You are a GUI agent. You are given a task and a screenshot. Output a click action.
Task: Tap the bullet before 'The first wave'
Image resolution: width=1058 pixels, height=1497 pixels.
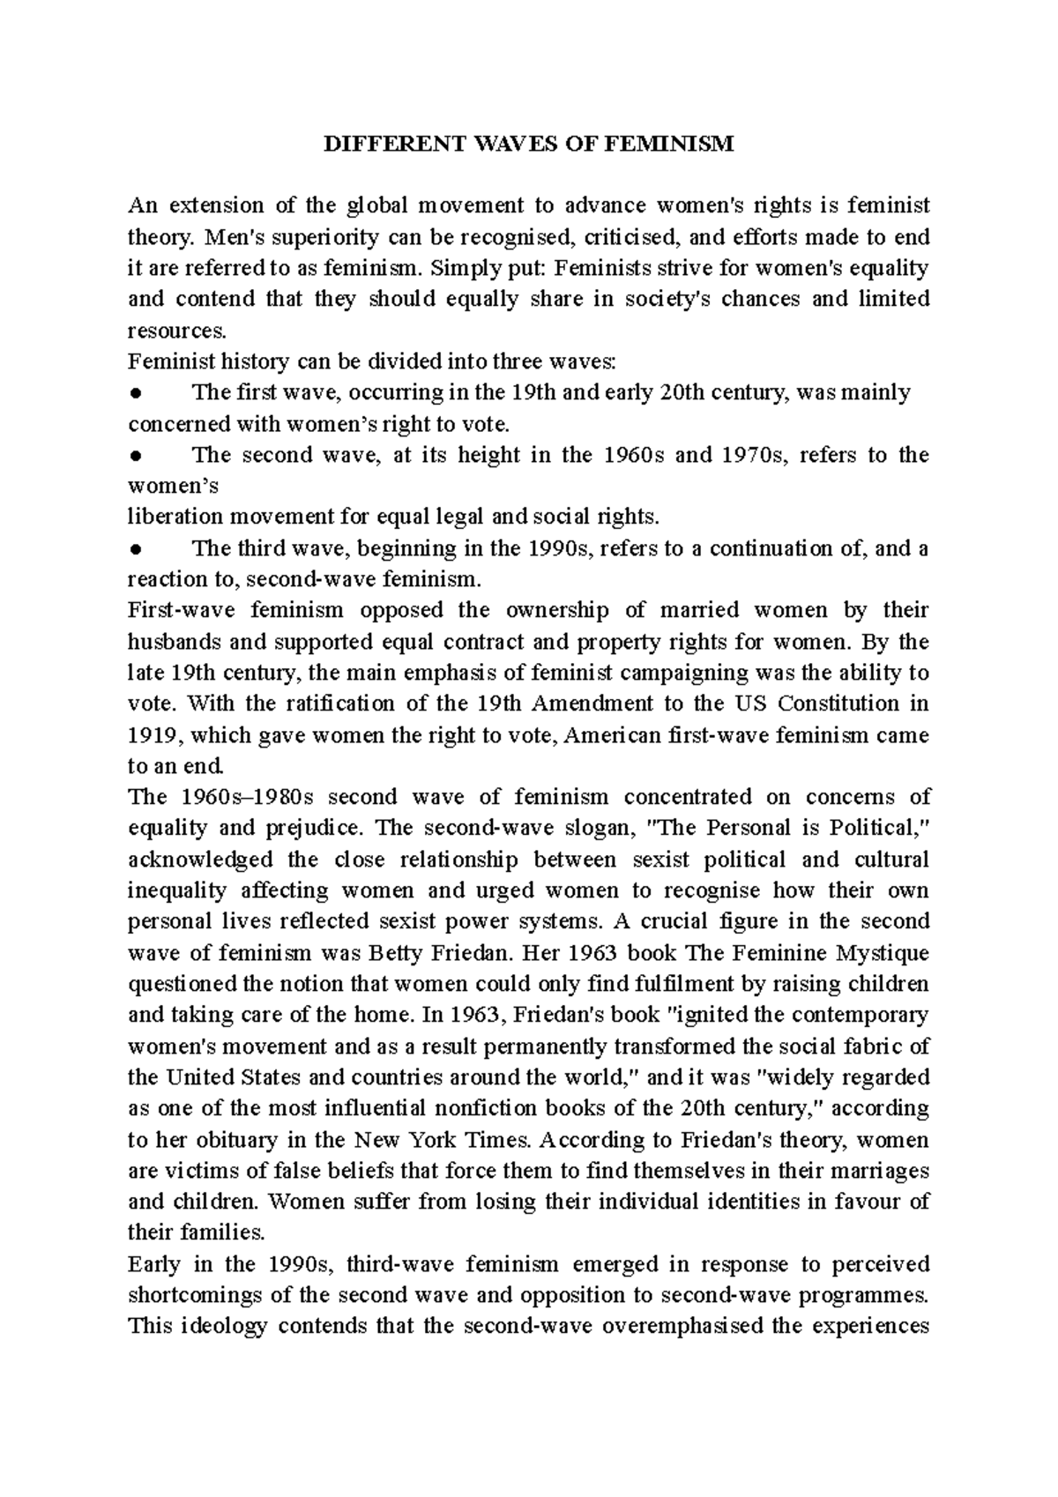(135, 393)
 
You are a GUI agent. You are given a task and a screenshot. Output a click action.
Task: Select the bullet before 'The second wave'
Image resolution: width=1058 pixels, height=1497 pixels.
(135, 456)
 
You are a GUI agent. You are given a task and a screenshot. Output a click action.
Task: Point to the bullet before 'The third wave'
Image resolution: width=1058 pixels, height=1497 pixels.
(135, 549)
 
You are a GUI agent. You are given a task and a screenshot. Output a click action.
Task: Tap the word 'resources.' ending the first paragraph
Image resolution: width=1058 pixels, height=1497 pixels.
(177, 331)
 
